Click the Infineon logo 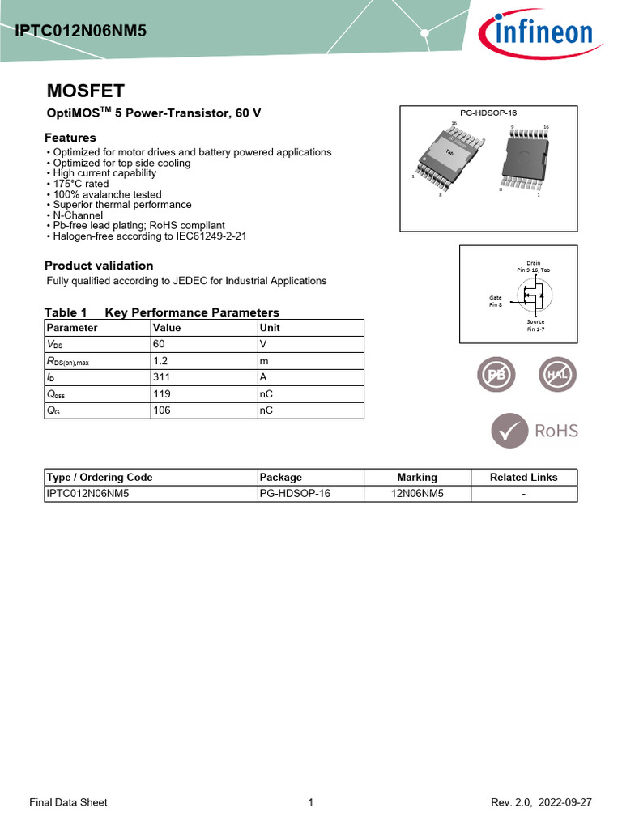point(536,34)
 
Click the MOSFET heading point(85,91)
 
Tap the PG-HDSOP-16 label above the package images point(488,113)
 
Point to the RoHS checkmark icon point(509,430)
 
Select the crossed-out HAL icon point(557,375)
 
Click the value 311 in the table point(163,377)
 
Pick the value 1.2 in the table point(160,361)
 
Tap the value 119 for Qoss point(163,394)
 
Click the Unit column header point(270,328)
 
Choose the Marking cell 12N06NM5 point(417,493)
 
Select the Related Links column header point(523,477)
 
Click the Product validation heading point(99,266)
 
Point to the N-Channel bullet point(77,215)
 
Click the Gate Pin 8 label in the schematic point(496,300)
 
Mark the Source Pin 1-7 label point(535,325)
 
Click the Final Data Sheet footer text point(68,802)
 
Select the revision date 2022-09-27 point(564,802)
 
